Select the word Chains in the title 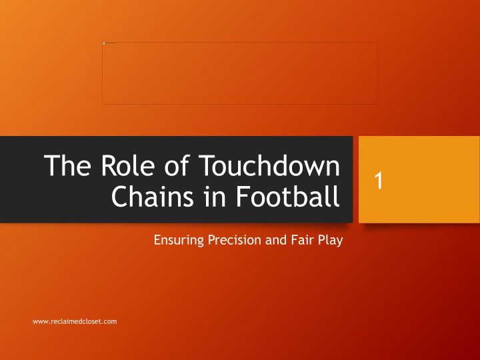tap(153, 196)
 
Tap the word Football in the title tap(287, 196)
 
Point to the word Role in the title tap(127, 165)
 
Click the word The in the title tap(67, 165)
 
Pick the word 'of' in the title tap(177, 165)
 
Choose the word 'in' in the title tap(215, 196)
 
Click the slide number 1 tap(379, 180)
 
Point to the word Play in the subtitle tap(330, 240)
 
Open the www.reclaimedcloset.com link tap(75, 321)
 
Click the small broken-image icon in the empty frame tap(104, 43)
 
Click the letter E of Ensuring tap(157, 240)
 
